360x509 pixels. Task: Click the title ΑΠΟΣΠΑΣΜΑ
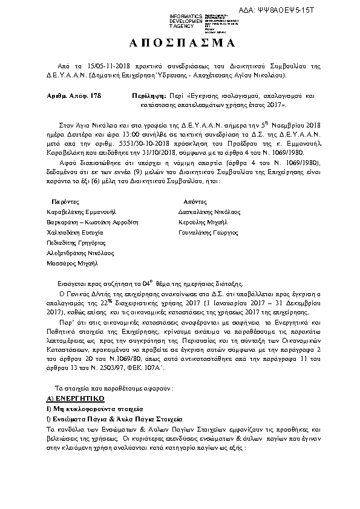(x=180, y=44)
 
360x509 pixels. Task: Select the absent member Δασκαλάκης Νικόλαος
(x=209, y=212)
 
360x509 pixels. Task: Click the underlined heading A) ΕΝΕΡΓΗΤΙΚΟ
(x=76, y=400)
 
